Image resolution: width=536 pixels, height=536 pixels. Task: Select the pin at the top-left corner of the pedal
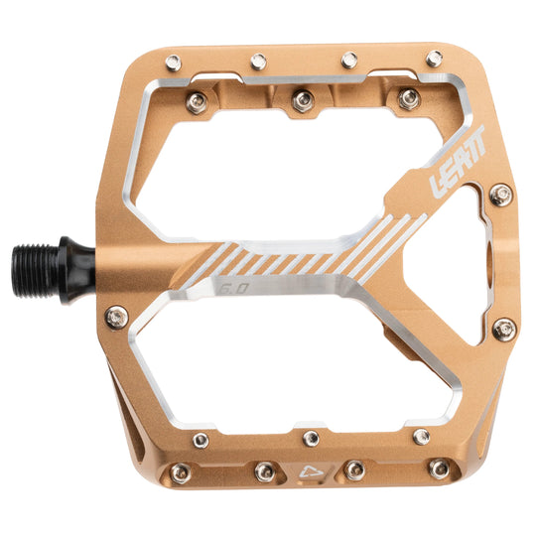click(173, 63)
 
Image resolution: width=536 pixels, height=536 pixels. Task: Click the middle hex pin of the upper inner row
click(304, 99)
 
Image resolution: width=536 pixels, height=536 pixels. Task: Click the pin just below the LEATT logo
click(501, 195)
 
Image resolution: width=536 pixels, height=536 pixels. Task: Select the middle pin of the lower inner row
click(312, 438)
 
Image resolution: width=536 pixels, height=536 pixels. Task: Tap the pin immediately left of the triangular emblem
click(264, 471)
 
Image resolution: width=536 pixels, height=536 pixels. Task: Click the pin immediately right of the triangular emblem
click(353, 470)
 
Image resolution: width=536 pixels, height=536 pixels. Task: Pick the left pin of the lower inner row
click(201, 440)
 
